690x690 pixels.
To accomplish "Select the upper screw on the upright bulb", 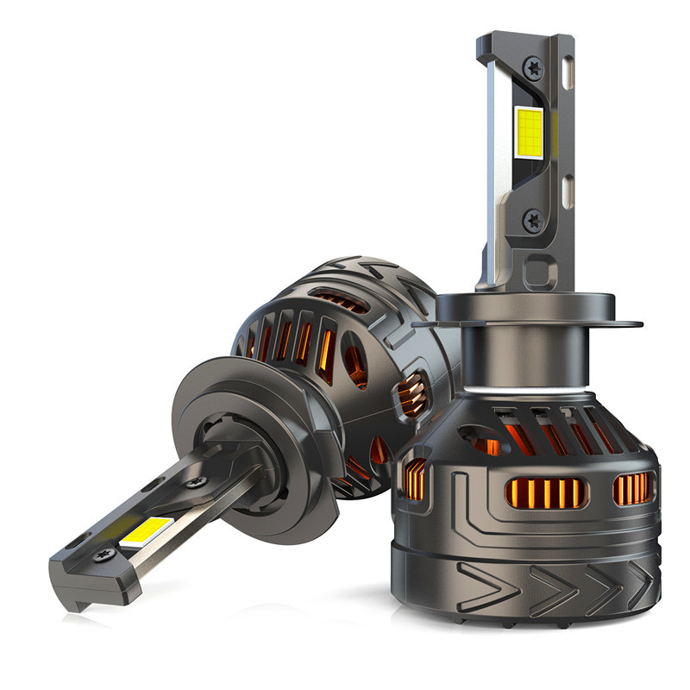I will tap(534, 65).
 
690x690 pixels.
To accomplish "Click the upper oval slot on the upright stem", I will tap(568, 71).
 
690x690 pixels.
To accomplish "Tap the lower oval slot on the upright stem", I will tap(568, 191).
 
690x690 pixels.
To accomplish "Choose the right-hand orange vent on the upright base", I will tap(632, 488).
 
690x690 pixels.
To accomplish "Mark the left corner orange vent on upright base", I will tap(416, 479).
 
